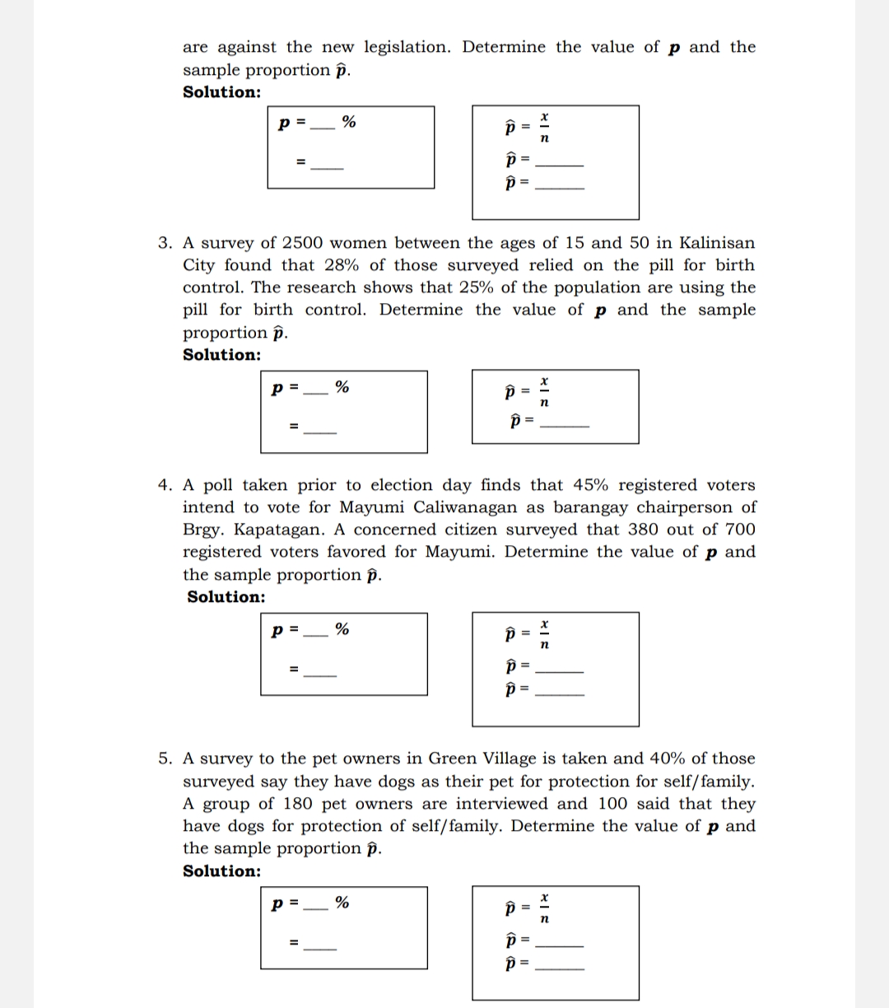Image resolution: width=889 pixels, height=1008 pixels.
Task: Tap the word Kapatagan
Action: pyautogui.click(x=277, y=530)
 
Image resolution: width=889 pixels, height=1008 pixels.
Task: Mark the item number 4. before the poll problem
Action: pyautogui.click(x=165, y=485)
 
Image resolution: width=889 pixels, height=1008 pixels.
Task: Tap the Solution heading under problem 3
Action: pyautogui.click(x=221, y=355)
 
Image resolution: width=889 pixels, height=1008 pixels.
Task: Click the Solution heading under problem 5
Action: pyautogui.click(x=221, y=871)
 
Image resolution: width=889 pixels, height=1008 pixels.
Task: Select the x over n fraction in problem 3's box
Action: pyautogui.click(x=543, y=393)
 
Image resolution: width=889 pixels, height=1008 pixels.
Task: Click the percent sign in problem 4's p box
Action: pyautogui.click(x=342, y=630)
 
